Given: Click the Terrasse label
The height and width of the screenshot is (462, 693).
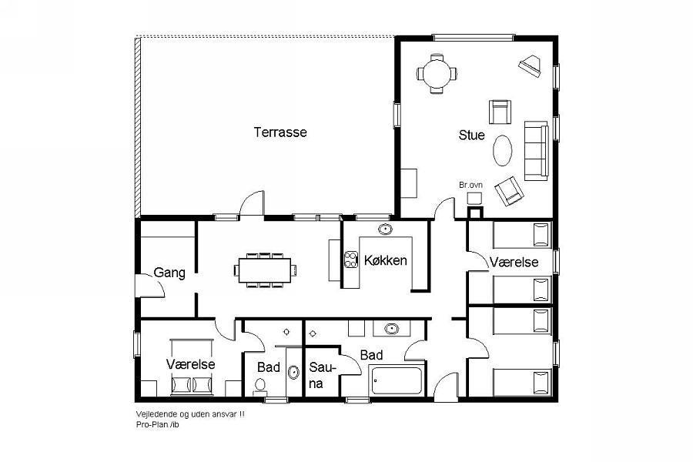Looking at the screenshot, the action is tap(280, 132).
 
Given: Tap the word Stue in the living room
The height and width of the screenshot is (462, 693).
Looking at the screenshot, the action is tap(471, 136).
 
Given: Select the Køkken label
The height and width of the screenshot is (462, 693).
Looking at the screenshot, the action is tap(386, 260).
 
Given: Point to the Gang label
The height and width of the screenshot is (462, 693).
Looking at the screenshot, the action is tap(169, 273).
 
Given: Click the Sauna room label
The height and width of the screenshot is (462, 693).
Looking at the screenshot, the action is tap(322, 375).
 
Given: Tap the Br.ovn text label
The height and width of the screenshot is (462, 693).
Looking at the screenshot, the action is tap(470, 185).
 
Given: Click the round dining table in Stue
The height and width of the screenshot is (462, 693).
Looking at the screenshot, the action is tap(437, 73).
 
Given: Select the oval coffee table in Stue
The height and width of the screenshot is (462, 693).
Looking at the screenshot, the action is tap(503, 150).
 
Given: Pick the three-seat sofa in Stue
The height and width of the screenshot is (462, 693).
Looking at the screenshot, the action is tap(537, 151).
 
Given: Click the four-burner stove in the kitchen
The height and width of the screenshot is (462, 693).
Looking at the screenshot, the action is tap(351, 259).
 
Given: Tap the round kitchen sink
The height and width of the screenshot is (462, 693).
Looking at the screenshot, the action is tap(385, 229).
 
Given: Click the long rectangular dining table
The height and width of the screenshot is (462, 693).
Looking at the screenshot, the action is tap(265, 270).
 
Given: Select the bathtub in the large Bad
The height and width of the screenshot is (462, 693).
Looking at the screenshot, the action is tap(397, 380).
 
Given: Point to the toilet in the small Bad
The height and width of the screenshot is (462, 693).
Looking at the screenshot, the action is tap(260, 386).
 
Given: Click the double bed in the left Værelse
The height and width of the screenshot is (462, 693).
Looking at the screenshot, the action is tap(192, 367).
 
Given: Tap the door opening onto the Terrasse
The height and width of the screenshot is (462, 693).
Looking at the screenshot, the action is tap(252, 203).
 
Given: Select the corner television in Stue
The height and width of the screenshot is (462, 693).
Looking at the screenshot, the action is tap(530, 65).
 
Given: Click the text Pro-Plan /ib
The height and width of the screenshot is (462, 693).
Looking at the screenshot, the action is tap(158, 425).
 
